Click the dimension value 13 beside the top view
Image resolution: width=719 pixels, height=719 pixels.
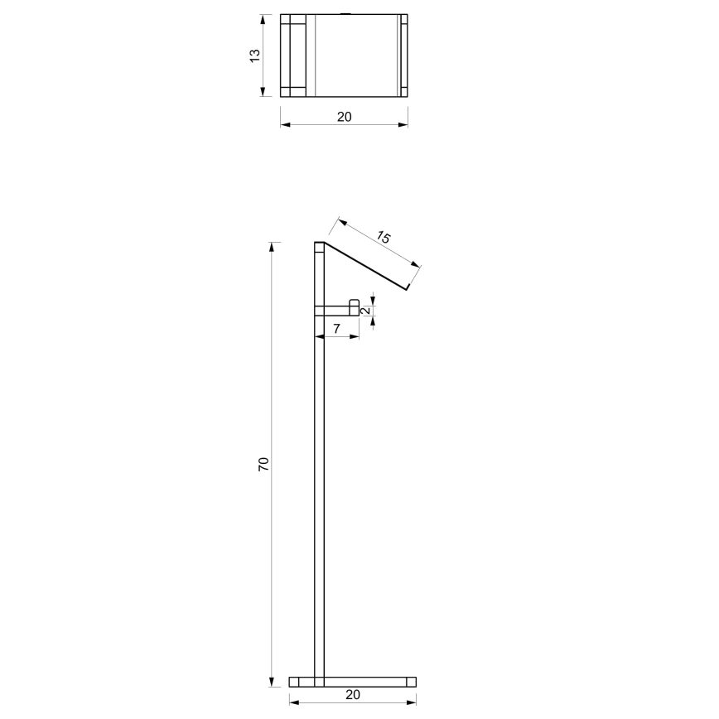pyautogui.click(x=255, y=55)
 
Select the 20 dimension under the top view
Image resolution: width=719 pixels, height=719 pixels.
pyautogui.click(x=344, y=117)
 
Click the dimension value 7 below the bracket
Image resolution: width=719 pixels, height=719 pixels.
pyautogui.click(x=337, y=329)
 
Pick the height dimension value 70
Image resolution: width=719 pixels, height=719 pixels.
pyautogui.click(x=263, y=464)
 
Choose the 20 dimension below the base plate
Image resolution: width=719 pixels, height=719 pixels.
pyautogui.click(x=353, y=695)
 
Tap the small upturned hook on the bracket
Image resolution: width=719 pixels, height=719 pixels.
pyautogui.click(x=354, y=306)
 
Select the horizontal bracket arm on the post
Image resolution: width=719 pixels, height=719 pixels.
pyautogui.click(x=335, y=311)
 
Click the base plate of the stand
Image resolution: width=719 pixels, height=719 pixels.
pyautogui.click(x=353, y=682)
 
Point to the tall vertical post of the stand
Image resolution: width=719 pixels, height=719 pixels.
pyautogui.click(x=319, y=497)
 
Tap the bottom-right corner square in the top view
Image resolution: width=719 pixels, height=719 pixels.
pyautogui.click(x=403, y=89)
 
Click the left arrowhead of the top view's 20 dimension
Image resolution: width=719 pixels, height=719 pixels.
pyautogui.click(x=284, y=125)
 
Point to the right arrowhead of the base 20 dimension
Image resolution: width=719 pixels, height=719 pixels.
pyautogui.click(x=412, y=703)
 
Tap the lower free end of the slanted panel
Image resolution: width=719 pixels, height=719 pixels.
pyautogui.click(x=408, y=289)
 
